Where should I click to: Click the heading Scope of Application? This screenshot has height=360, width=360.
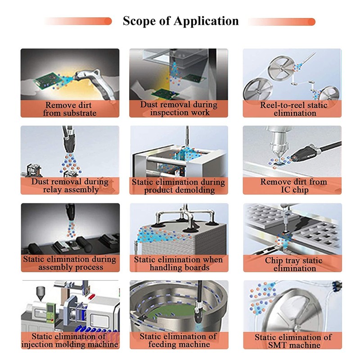point(181,21)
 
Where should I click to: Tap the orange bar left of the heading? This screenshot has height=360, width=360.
point(78,21)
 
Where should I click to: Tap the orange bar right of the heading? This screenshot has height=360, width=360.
point(282,22)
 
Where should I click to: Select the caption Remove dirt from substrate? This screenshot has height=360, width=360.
point(69,109)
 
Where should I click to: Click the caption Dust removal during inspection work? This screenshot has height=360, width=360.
point(179,108)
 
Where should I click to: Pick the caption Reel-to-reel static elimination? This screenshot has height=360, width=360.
point(294,109)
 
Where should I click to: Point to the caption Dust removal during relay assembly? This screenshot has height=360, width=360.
point(70,185)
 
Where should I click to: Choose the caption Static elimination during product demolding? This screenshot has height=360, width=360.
point(178,186)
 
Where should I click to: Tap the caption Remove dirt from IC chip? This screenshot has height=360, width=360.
point(294,185)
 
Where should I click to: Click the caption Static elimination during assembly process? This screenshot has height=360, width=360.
point(70,263)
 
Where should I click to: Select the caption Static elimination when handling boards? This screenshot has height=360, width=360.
point(178,263)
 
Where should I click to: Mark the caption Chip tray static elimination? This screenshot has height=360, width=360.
point(294,264)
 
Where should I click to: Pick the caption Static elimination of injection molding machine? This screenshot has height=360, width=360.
point(70,340)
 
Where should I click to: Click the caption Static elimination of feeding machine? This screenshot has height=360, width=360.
point(178,340)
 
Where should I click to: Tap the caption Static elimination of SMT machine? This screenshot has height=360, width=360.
point(293,341)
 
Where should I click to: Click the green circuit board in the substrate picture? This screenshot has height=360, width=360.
point(48,81)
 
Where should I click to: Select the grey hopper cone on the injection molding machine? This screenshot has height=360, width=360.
point(40,293)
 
